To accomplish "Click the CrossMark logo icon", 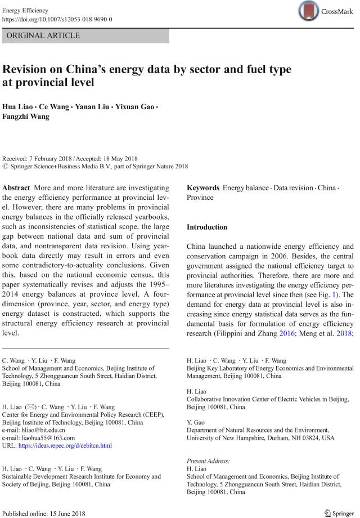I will coord(309,11).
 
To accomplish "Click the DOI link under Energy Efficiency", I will coord(57,19).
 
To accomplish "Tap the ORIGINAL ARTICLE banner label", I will coord(43,35).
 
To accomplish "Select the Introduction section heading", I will coord(207,227).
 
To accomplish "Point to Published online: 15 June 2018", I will coord(43,513).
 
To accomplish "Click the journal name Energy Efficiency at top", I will coord(25,10).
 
